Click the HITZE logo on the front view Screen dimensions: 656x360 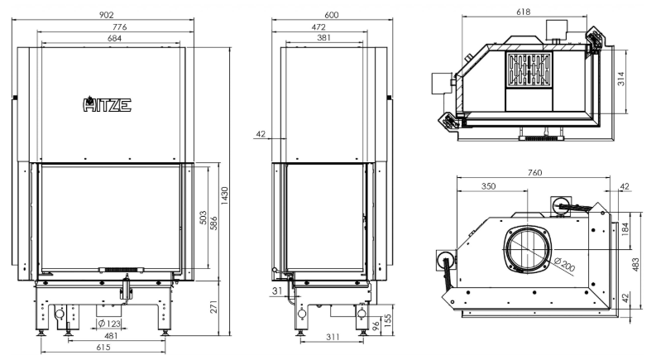pyautogui.click(x=107, y=104)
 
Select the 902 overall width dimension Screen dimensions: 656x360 pyautogui.click(x=106, y=15)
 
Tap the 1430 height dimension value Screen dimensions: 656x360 pyautogui.click(x=225, y=195)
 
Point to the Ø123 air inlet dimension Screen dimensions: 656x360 pyautogui.click(x=109, y=323)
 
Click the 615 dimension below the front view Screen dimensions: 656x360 pyautogui.click(x=103, y=347)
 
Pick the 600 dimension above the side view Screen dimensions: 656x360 pyautogui.click(x=332, y=15)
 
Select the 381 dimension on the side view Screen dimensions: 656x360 pyautogui.click(x=323, y=38)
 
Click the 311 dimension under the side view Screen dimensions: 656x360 pyautogui.click(x=333, y=337)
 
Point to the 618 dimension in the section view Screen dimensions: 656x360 pyautogui.click(x=523, y=12)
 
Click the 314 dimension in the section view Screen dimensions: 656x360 pyautogui.click(x=621, y=79)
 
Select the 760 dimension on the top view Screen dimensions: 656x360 pyautogui.click(x=534, y=172)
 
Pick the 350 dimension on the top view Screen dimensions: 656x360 pyautogui.click(x=488, y=186)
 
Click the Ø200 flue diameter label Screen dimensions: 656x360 pyautogui.click(x=565, y=265)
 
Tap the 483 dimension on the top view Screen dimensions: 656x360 pyautogui.click(x=635, y=265)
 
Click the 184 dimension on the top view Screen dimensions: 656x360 pyautogui.click(x=625, y=229)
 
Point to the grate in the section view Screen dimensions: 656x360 pyautogui.click(x=529, y=70)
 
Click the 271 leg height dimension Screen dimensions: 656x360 pyautogui.click(x=213, y=307)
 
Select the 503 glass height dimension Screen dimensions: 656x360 pyautogui.click(x=203, y=218)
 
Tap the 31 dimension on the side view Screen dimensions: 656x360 pyautogui.click(x=277, y=291)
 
